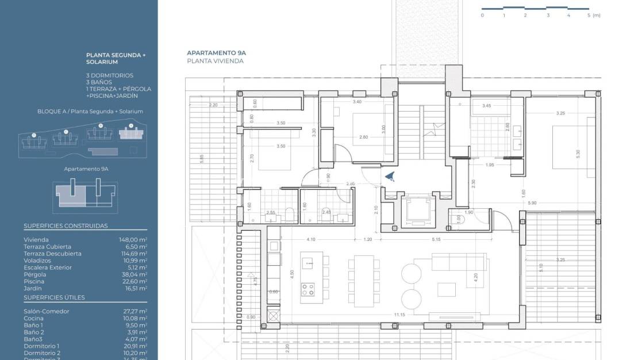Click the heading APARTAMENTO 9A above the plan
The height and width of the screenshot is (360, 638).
click(x=214, y=52)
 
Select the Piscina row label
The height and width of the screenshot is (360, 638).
click(x=33, y=281)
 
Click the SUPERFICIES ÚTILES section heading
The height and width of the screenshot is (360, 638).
click(x=54, y=297)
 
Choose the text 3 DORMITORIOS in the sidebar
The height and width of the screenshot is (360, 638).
click(x=110, y=75)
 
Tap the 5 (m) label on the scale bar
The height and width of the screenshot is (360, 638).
click(x=594, y=16)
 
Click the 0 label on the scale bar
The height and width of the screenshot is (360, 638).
click(x=482, y=16)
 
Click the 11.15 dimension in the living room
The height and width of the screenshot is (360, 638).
click(x=399, y=315)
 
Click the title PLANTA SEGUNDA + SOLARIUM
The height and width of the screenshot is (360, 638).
click(x=116, y=58)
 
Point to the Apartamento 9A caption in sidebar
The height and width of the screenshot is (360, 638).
click(x=86, y=170)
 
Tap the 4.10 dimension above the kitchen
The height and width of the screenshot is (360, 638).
click(x=311, y=239)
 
